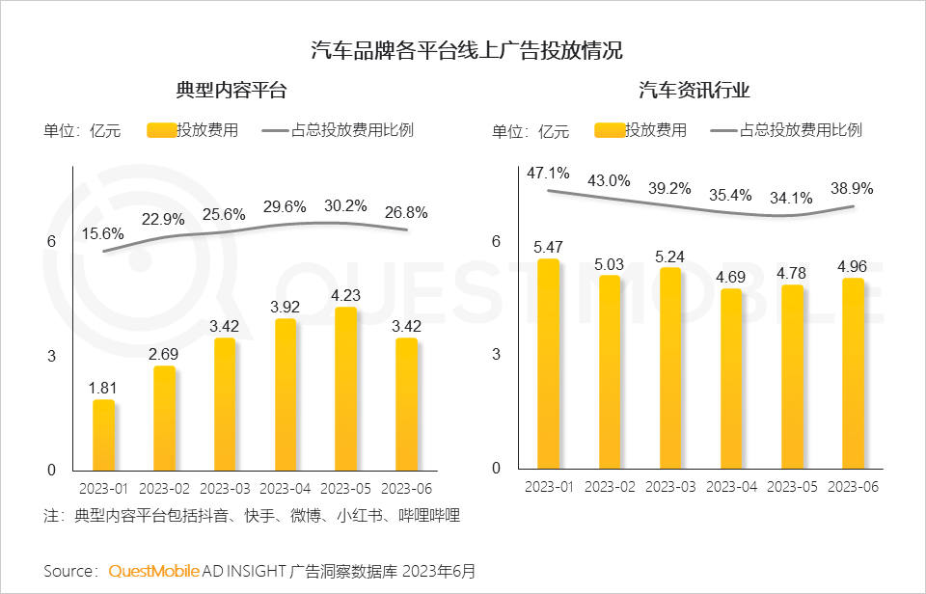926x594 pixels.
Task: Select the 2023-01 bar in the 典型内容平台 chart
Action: [x=103, y=434]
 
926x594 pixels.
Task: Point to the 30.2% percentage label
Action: [x=344, y=205]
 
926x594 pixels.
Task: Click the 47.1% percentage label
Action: [x=548, y=174]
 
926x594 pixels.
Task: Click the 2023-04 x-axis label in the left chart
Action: [x=285, y=488]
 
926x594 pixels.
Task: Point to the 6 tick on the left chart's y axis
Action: [x=52, y=241]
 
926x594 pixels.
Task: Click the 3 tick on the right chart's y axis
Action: [x=497, y=354]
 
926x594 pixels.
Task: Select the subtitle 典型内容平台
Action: [x=231, y=91]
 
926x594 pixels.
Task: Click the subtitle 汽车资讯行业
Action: [x=694, y=91]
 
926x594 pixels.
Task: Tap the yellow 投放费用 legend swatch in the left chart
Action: [x=162, y=130]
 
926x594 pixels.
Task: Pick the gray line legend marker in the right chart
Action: [x=724, y=130]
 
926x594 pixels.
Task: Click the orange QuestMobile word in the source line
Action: [x=153, y=571]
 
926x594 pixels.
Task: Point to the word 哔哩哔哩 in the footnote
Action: [x=429, y=515]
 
